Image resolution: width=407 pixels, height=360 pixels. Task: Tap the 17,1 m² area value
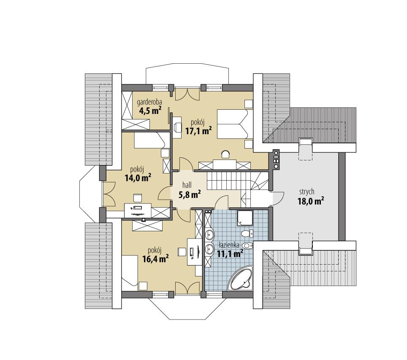pos(198,131)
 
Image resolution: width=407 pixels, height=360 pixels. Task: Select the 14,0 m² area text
pos(138,177)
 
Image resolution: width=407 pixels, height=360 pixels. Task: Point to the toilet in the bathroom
pos(246,233)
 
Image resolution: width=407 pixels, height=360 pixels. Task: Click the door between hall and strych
pos(277,197)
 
